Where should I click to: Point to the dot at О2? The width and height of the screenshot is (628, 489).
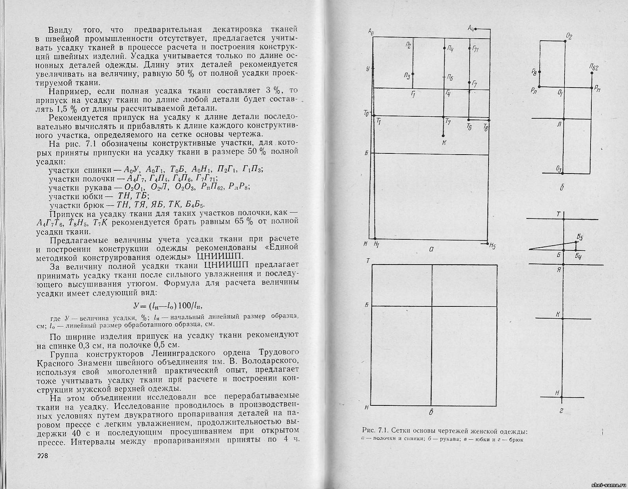click(565, 41)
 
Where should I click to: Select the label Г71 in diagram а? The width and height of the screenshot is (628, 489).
click(475, 49)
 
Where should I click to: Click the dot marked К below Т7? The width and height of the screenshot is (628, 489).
click(444, 135)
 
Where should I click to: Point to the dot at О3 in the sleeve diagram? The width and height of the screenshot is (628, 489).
click(563, 172)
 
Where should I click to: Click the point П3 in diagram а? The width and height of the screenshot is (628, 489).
click(413, 74)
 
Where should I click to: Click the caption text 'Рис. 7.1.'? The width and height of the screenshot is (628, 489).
click(375, 430)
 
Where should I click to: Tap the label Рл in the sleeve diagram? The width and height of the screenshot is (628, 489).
click(534, 91)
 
